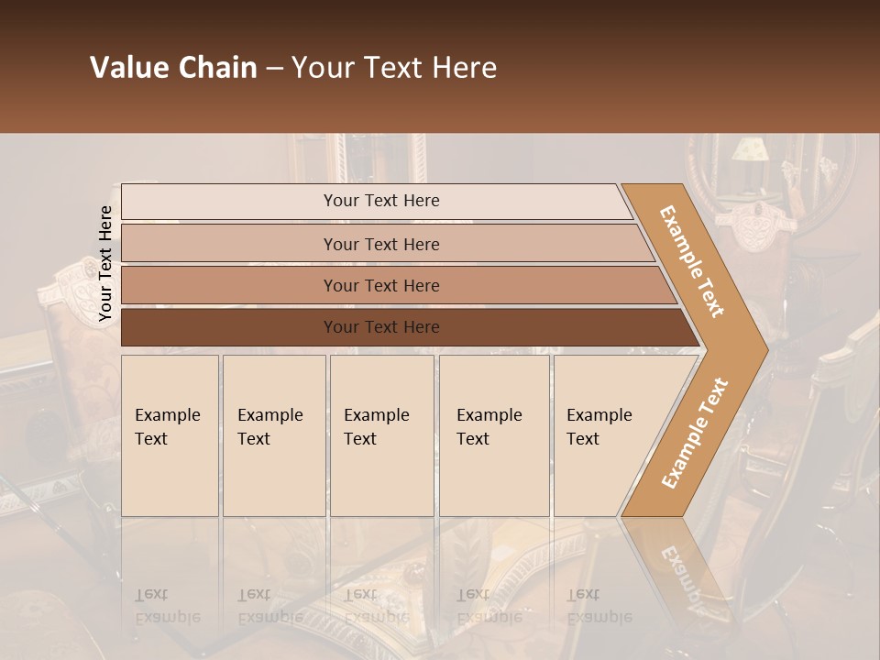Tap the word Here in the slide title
(465, 68)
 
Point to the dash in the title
(274, 69)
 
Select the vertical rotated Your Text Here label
(105, 264)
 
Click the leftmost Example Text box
(170, 435)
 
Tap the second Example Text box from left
(274, 435)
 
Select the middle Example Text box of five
(381, 435)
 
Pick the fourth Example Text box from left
(494, 435)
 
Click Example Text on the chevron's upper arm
(692, 261)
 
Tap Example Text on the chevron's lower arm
(695, 433)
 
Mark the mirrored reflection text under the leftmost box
(168, 606)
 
